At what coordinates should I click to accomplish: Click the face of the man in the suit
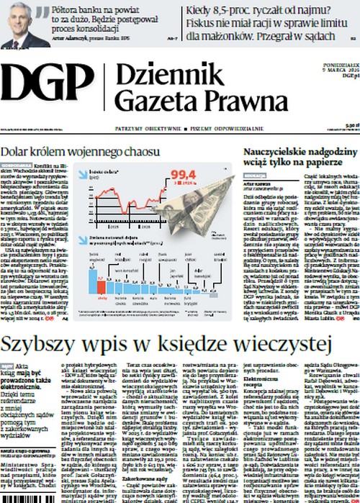17,17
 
